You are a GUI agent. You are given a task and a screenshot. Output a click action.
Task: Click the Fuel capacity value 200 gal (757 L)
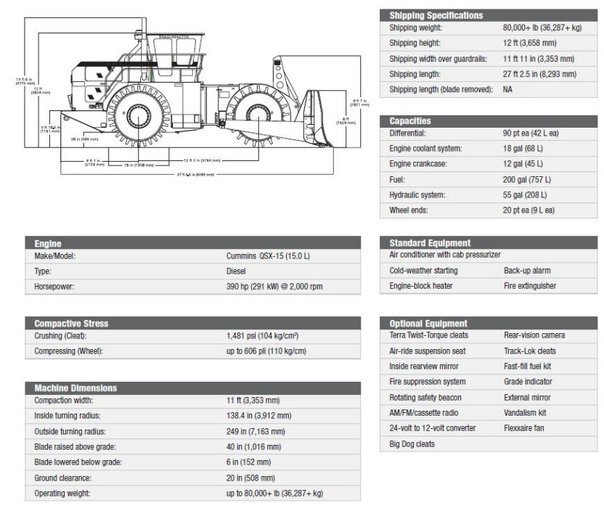526,179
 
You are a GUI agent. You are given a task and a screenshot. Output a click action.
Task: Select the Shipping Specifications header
436,15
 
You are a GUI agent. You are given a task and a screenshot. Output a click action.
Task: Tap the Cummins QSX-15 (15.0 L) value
268,256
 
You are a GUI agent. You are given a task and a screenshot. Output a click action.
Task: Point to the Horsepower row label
54,287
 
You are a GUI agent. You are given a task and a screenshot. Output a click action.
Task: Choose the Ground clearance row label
63,478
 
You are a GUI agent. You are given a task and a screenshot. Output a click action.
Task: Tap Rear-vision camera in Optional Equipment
534,335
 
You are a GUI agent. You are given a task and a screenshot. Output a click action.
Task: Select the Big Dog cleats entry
412,443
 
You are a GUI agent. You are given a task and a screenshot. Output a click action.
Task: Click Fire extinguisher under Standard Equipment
530,286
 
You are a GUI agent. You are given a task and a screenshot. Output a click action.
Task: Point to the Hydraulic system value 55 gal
525,194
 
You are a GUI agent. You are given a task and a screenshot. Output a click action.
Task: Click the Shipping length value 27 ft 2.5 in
539,74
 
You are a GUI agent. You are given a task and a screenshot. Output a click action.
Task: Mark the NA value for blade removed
507,89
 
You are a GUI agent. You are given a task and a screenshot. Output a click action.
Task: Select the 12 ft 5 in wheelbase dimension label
197,160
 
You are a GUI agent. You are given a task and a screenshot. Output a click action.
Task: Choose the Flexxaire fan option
523,428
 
